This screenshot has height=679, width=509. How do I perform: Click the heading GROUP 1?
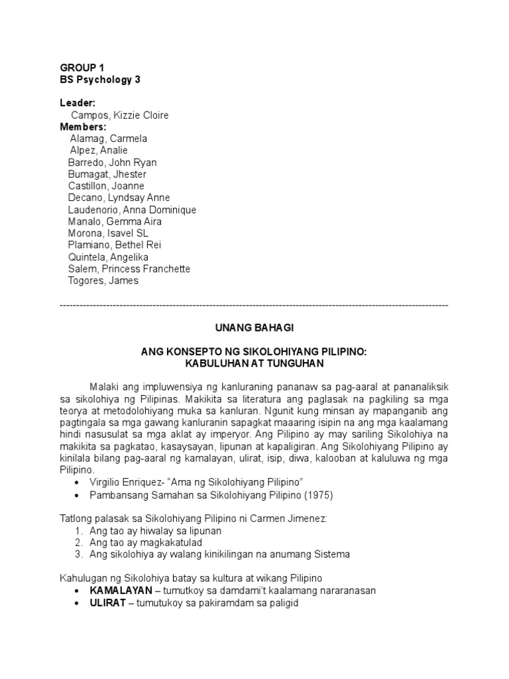click(82, 68)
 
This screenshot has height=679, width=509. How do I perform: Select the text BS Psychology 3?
click(100, 80)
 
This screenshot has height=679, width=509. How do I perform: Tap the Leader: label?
click(78, 103)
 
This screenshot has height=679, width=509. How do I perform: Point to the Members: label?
click(83, 127)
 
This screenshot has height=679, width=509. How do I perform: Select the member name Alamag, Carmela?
click(109, 139)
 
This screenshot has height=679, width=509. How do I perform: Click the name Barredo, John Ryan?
click(112, 162)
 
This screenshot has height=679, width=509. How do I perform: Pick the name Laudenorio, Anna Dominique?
click(132, 210)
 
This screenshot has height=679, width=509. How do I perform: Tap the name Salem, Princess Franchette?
click(129, 269)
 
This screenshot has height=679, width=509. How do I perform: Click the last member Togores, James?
click(103, 280)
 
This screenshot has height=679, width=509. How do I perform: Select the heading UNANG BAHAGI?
click(254, 328)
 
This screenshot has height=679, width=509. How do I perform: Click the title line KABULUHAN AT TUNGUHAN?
click(254, 364)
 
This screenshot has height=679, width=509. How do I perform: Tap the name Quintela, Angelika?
click(108, 257)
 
